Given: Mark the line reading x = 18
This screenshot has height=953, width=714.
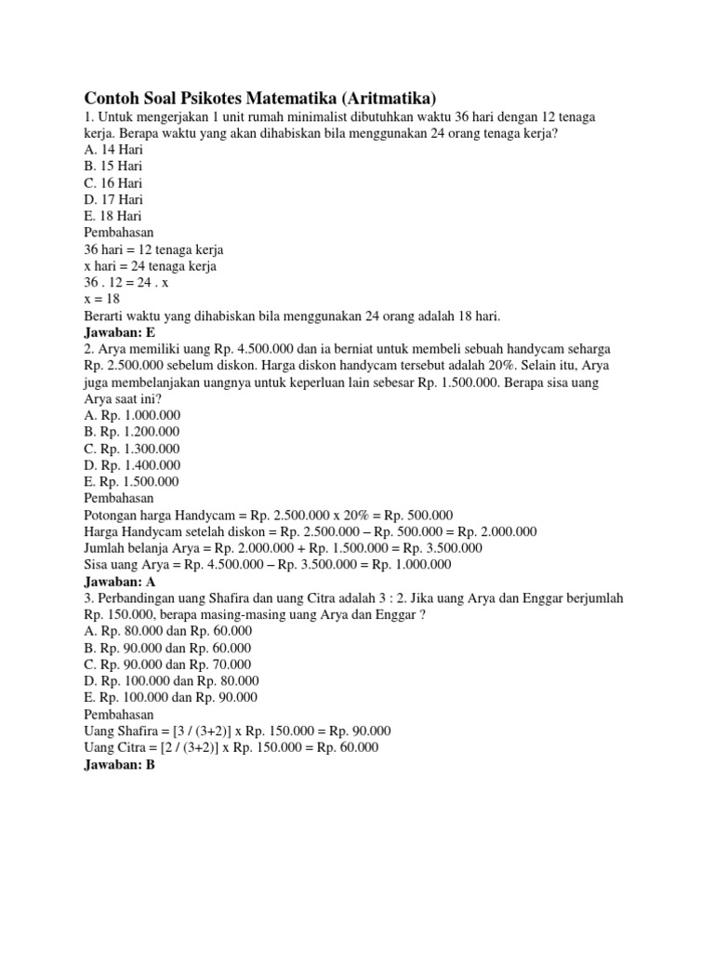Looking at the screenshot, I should point(102,300).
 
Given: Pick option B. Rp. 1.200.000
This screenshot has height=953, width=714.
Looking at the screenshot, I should point(132,432).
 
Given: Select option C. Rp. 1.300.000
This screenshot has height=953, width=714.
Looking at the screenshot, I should point(132,449).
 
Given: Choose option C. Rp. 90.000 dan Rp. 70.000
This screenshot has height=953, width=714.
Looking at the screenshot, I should point(167,664).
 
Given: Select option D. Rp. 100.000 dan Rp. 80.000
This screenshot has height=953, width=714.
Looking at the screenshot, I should point(171,681).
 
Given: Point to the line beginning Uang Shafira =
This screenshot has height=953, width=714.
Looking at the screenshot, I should point(237,732).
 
